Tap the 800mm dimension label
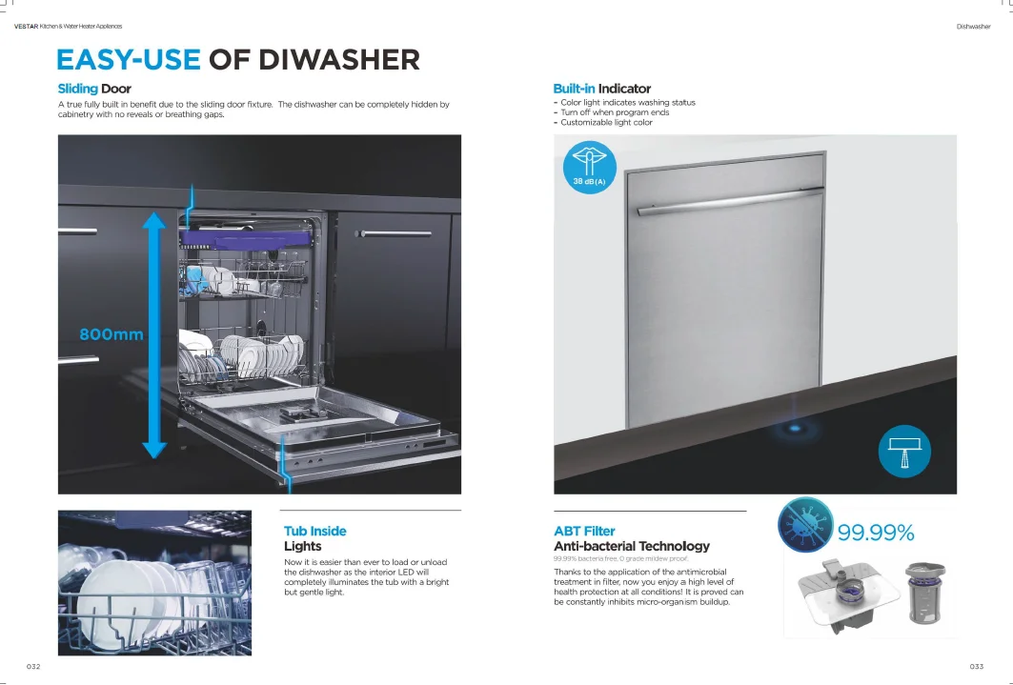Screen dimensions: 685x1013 click(x=111, y=334)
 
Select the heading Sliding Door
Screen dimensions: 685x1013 click(x=94, y=89)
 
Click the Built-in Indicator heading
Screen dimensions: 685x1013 click(x=601, y=89)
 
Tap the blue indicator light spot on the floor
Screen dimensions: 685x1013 click(x=789, y=430)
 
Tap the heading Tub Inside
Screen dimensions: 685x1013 click(x=314, y=531)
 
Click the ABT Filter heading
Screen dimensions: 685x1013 click(x=584, y=531)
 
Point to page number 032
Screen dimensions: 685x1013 click(x=32, y=666)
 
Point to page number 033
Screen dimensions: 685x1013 click(x=977, y=666)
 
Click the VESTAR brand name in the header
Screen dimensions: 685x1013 click(x=25, y=27)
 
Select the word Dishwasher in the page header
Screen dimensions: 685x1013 click(x=973, y=27)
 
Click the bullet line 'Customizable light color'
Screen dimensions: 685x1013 click(x=606, y=122)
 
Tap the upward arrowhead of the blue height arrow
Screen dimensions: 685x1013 click(x=154, y=221)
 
